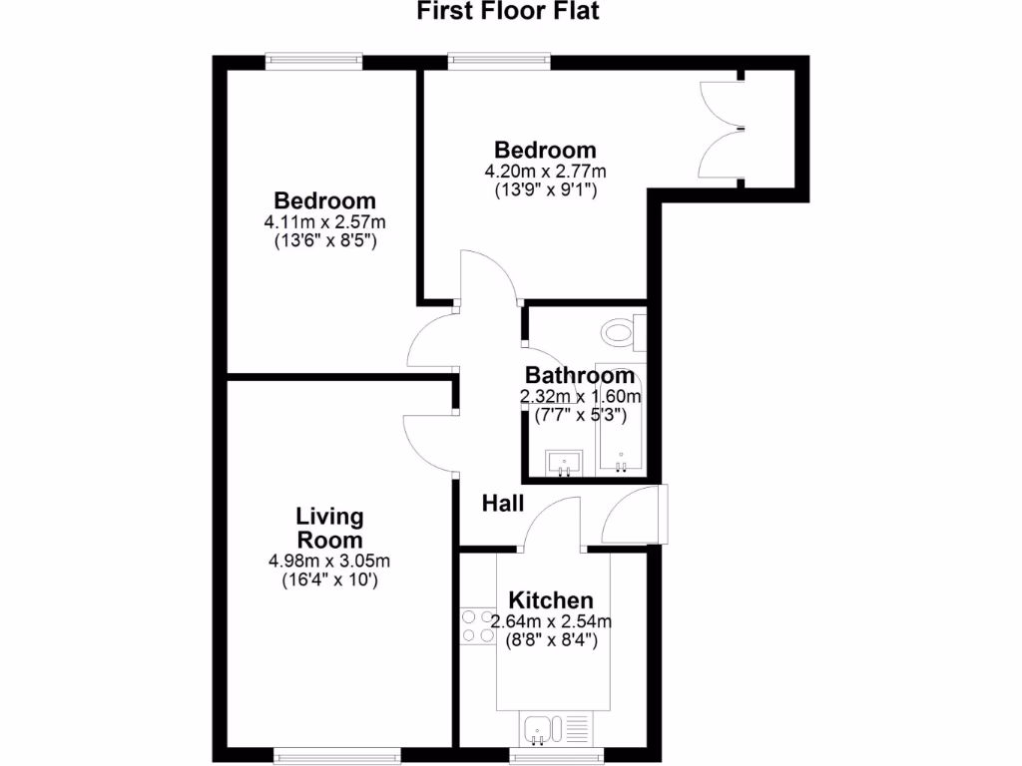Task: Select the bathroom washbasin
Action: [564, 462]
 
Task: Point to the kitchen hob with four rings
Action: [478, 625]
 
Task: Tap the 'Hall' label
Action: [503, 504]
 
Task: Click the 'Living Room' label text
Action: [329, 529]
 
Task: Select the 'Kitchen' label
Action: [551, 600]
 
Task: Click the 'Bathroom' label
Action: [580, 376]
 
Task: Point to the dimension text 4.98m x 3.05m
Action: [329, 561]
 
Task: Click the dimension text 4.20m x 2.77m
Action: [545, 172]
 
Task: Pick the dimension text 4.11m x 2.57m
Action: [325, 221]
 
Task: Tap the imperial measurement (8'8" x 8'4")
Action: [552, 641]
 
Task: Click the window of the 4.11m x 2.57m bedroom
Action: [313, 61]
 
